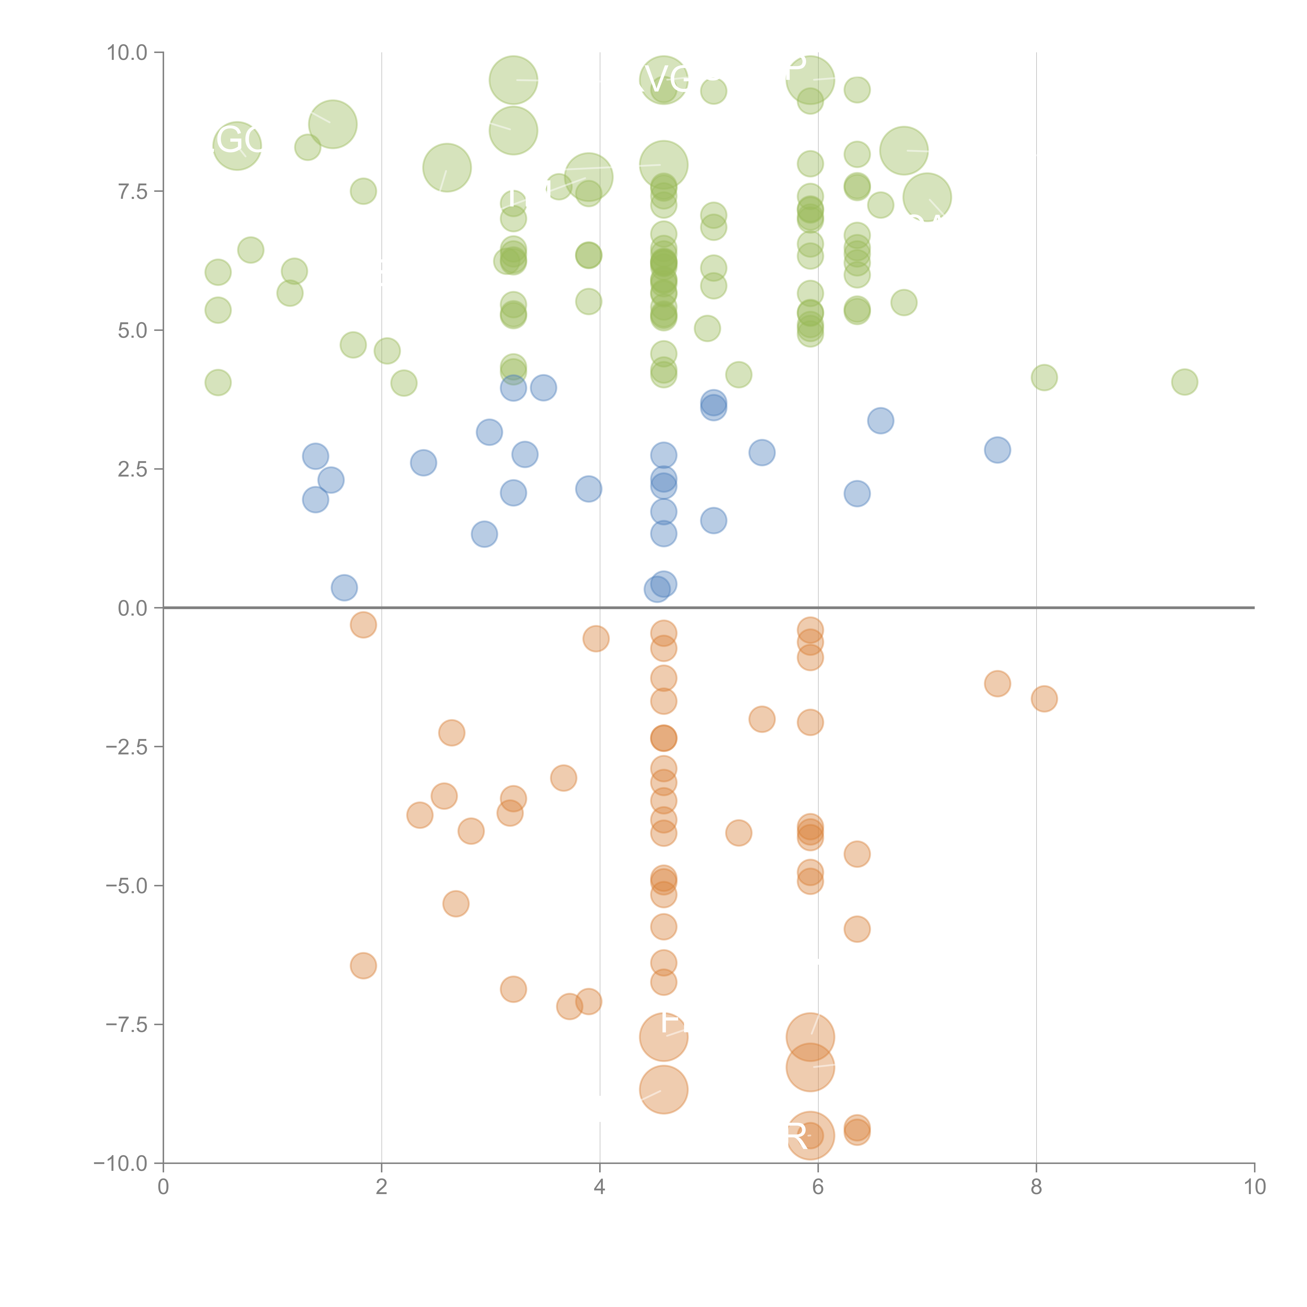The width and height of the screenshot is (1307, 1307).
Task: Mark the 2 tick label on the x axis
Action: coord(382,1187)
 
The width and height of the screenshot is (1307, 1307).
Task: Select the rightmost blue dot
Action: coord(997,450)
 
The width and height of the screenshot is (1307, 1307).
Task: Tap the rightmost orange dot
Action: coord(1044,699)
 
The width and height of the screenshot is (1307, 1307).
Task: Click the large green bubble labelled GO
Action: coord(237,145)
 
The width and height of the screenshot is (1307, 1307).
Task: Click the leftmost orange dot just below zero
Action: coord(363,624)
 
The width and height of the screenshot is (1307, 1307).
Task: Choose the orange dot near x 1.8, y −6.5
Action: coord(363,965)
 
